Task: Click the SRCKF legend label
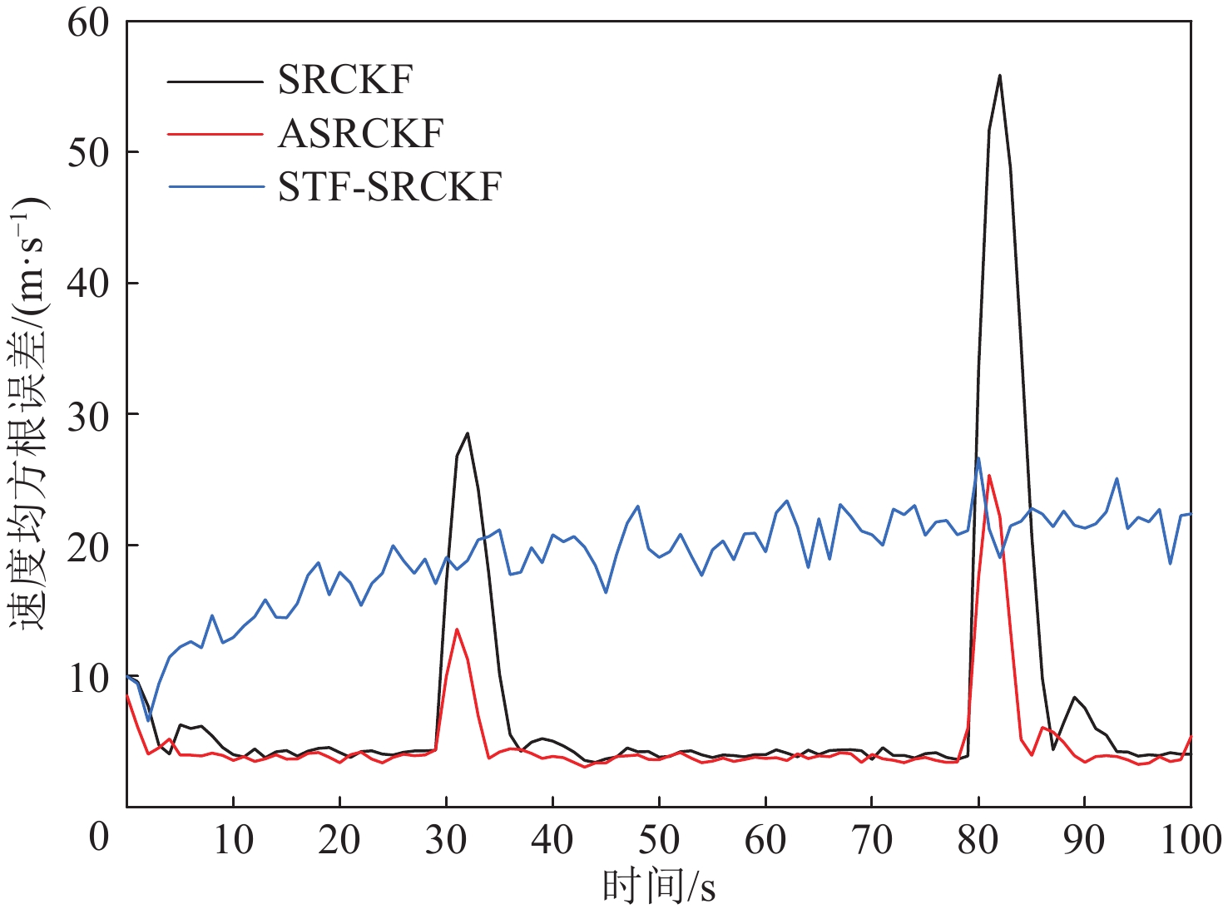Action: (x=344, y=80)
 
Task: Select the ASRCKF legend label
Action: (x=360, y=133)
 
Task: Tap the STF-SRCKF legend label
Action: (x=389, y=186)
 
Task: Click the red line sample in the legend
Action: (x=215, y=133)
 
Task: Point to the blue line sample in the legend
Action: (x=215, y=186)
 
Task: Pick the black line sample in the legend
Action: (x=215, y=81)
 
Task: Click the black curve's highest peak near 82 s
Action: (x=999, y=76)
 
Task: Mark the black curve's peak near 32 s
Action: (x=468, y=433)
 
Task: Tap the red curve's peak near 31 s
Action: (x=457, y=630)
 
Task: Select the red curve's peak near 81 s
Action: (x=988, y=476)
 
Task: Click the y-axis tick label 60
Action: (x=88, y=22)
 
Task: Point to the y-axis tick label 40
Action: (x=88, y=284)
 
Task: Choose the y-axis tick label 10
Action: (x=88, y=678)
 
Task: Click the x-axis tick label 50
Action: (x=658, y=840)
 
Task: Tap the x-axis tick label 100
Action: (x=1190, y=840)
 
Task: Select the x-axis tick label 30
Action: (x=446, y=840)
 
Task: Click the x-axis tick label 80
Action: (x=978, y=840)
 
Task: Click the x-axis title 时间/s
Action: (x=658, y=887)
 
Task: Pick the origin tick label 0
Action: (x=99, y=836)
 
